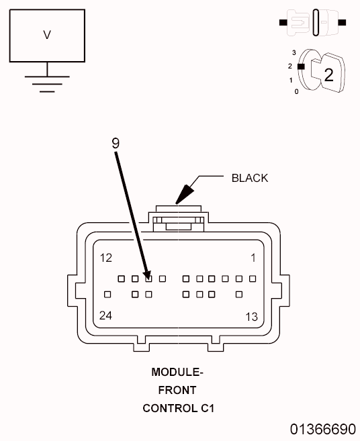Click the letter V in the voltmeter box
click(x=47, y=35)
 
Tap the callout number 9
click(x=116, y=142)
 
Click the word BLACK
click(x=249, y=178)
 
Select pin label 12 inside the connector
click(x=106, y=258)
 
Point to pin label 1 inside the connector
click(x=253, y=258)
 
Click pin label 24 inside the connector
click(x=106, y=315)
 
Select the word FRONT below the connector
click(x=177, y=389)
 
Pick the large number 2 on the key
click(x=328, y=75)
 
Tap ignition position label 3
click(x=295, y=52)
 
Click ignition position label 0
click(x=296, y=91)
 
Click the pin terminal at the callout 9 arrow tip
click(x=148, y=278)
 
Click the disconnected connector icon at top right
click(x=312, y=23)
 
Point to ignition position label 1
click(x=290, y=80)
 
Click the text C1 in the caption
click(x=205, y=407)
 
